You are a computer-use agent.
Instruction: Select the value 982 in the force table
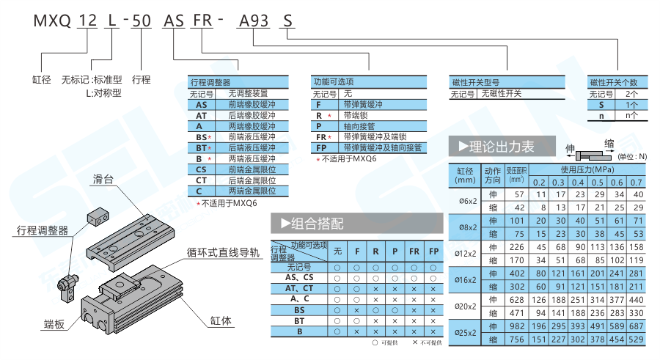tap(518, 325)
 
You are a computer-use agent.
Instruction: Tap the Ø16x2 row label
tap(467, 279)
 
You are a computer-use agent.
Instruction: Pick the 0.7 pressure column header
tap(636, 183)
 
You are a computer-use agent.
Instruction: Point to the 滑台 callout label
tap(103, 180)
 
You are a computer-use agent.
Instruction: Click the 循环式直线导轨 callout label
tap(224, 254)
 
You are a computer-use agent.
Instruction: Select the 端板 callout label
tap(54, 323)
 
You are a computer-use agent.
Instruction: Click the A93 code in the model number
tap(253, 21)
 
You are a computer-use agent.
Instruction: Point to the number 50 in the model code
tap(141, 21)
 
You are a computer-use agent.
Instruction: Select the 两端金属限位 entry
tap(252, 191)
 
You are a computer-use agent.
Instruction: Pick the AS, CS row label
tap(298, 277)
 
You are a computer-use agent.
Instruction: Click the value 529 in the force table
tap(636, 339)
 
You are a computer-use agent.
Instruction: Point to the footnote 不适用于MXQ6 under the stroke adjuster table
tap(227, 203)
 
